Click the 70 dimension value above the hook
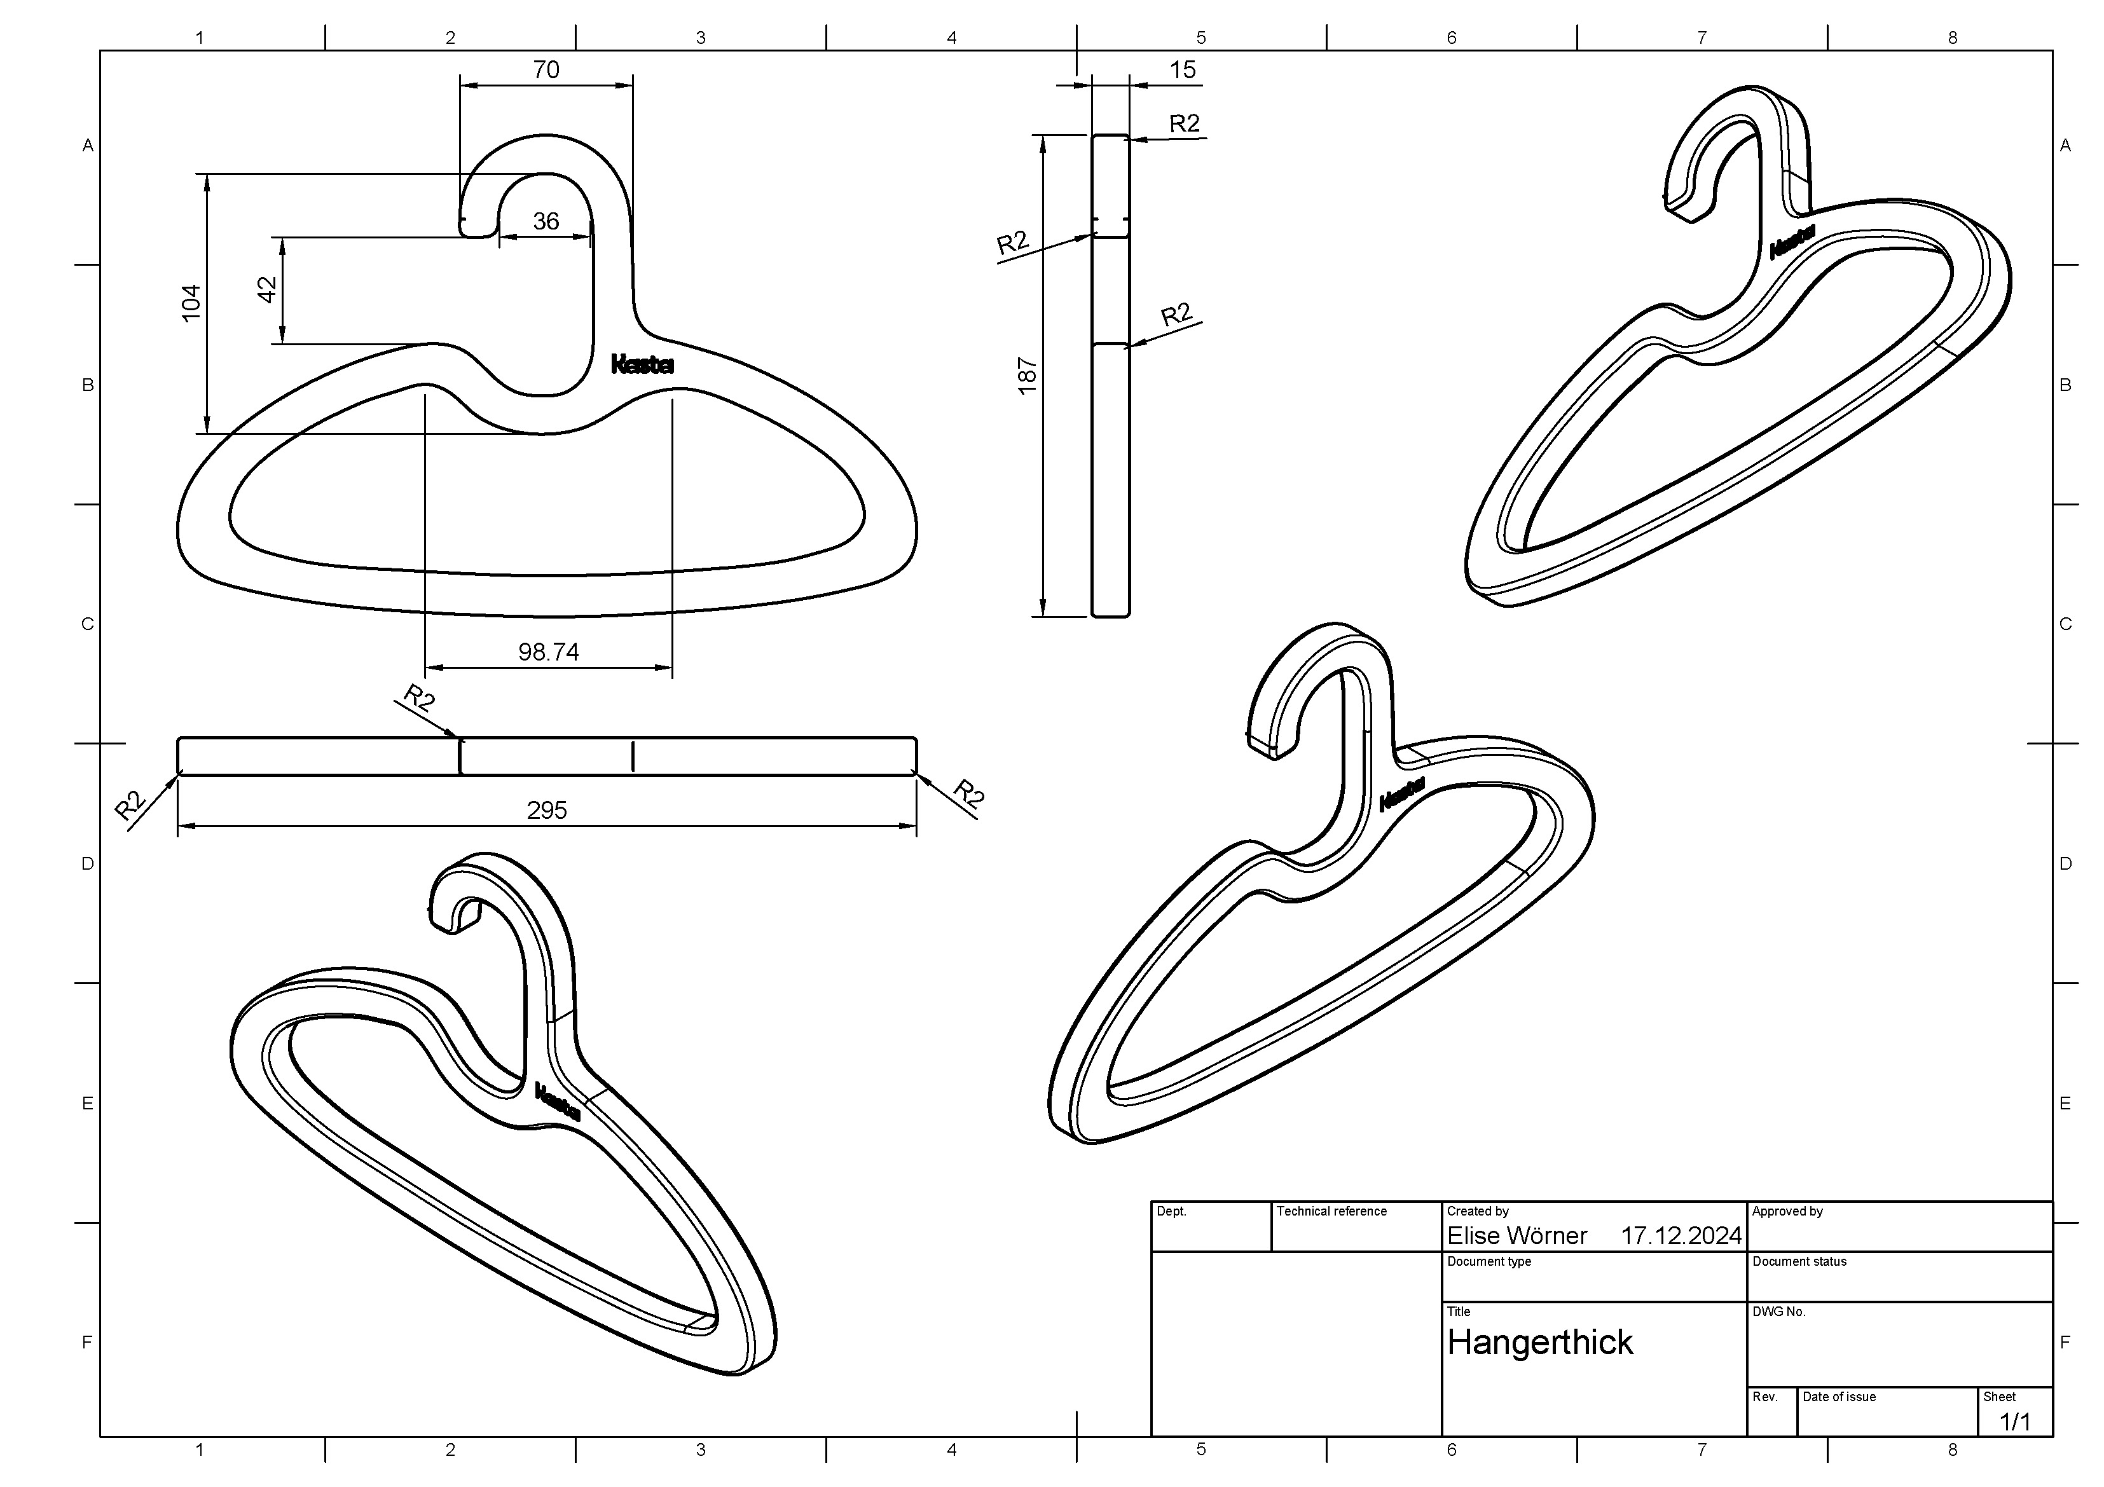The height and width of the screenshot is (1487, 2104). [546, 70]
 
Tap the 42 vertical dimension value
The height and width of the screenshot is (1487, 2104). [266, 289]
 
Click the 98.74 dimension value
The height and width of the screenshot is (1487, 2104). [548, 652]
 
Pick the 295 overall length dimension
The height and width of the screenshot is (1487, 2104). [547, 810]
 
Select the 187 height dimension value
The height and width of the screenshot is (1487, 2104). [1028, 376]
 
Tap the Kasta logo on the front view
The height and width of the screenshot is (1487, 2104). [642, 365]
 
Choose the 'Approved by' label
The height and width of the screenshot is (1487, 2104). [1787, 1211]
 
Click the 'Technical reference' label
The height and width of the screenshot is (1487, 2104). [1331, 1211]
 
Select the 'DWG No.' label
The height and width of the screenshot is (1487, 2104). [1778, 1312]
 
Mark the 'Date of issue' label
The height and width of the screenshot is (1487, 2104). [1838, 1397]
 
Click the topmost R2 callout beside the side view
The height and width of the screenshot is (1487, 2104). [1184, 124]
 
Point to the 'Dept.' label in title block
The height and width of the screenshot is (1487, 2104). [1171, 1211]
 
